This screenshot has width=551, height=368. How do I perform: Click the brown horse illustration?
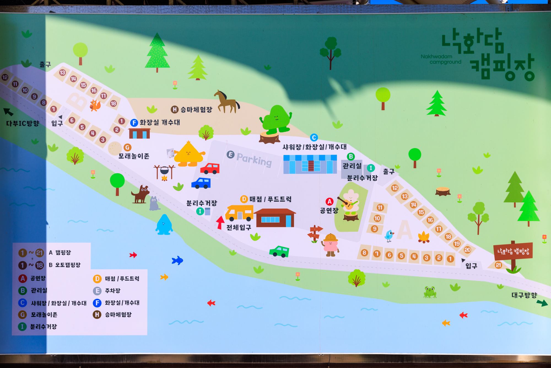point(227,102)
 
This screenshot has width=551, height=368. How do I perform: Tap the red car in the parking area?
point(210,169)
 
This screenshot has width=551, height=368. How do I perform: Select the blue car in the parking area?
point(201,183)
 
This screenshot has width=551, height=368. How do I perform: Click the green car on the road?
point(279,251)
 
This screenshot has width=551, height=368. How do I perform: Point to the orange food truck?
point(239,213)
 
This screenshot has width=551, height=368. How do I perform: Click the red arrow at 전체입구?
point(220,222)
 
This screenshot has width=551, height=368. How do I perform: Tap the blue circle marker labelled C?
point(314,137)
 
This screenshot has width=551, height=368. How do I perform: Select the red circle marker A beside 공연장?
point(329,201)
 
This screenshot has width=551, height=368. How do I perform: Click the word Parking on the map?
point(254,159)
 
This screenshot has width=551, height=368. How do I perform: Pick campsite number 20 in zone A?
point(467,250)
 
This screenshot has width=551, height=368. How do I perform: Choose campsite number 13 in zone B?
point(63,73)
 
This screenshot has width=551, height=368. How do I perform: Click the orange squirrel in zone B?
point(95,105)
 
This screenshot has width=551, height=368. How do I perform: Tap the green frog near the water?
point(430,292)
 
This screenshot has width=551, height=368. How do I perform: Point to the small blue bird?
point(389,236)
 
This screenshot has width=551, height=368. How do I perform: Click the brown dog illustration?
point(141,194)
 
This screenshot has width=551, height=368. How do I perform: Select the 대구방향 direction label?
point(524,295)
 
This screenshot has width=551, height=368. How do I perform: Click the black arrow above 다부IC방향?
point(8,112)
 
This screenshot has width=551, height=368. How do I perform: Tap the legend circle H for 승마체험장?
point(97,314)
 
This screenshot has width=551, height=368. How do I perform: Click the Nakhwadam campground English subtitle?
point(441,59)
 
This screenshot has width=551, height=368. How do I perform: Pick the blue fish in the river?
point(177,260)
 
